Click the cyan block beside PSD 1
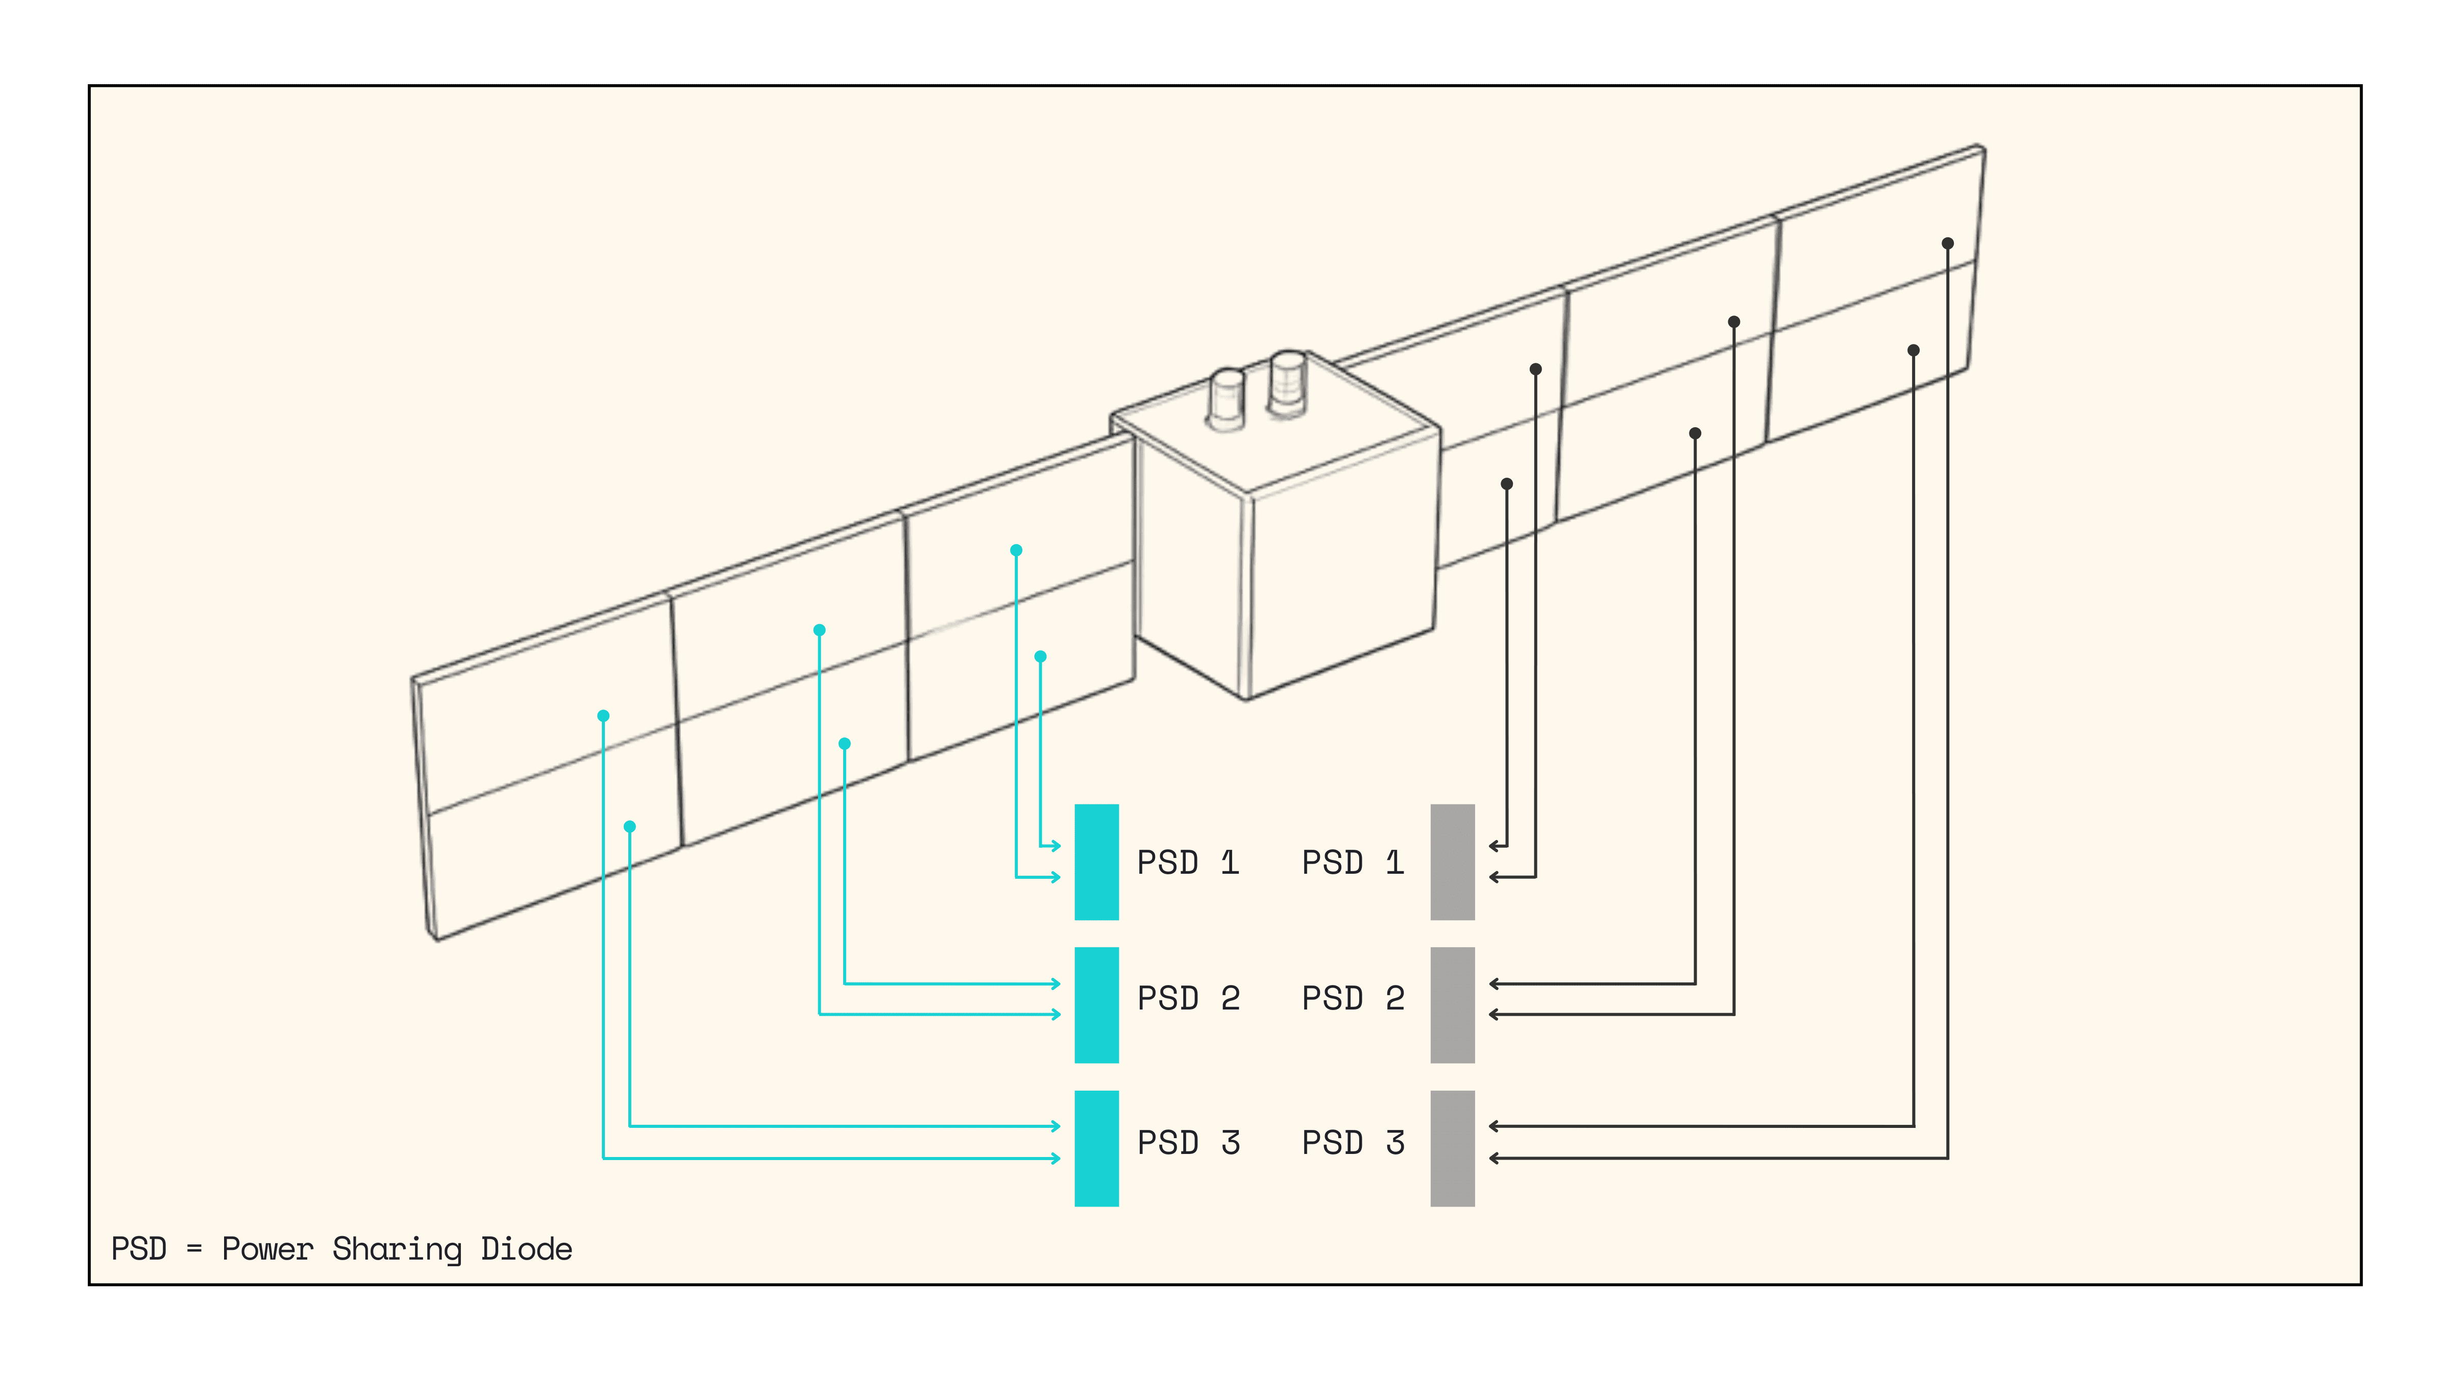(x=1096, y=862)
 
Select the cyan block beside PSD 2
(x=1096, y=1004)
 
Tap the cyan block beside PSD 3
(x=1096, y=1148)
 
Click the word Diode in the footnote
(x=526, y=1249)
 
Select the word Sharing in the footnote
(x=397, y=1249)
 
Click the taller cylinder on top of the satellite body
(x=1288, y=382)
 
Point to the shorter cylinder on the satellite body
(x=1226, y=398)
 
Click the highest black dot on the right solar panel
(x=1947, y=243)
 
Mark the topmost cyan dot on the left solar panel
(x=1016, y=550)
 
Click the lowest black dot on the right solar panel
(x=1507, y=484)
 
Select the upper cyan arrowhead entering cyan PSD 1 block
(x=1056, y=846)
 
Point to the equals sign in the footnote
(x=194, y=1249)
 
